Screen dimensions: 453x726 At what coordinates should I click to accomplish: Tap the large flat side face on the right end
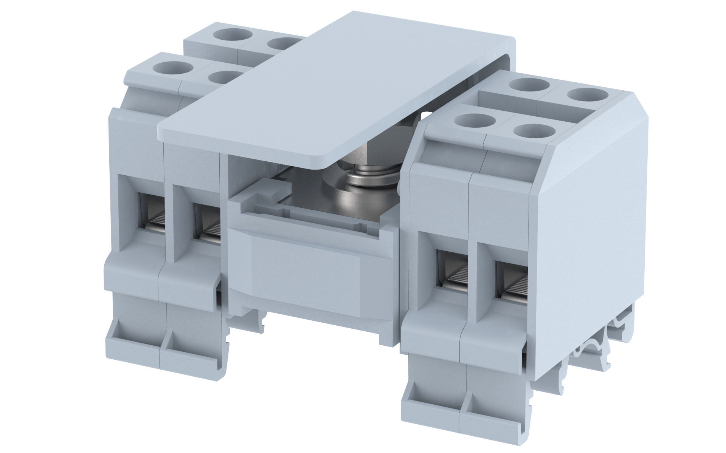[x=590, y=227]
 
